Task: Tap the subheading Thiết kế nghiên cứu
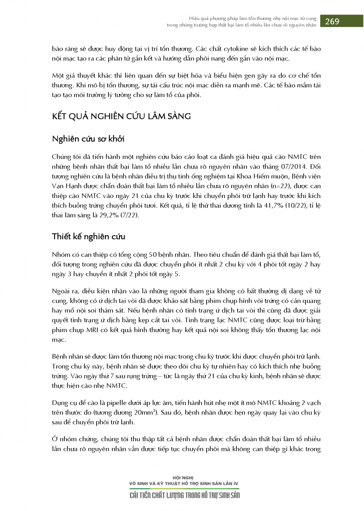pyautogui.click(x=89, y=236)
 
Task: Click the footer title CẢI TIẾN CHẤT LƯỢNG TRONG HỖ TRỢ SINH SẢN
pyautogui.click(x=184, y=496)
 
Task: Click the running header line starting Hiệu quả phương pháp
pyautogui.click(x=253, y=18)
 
